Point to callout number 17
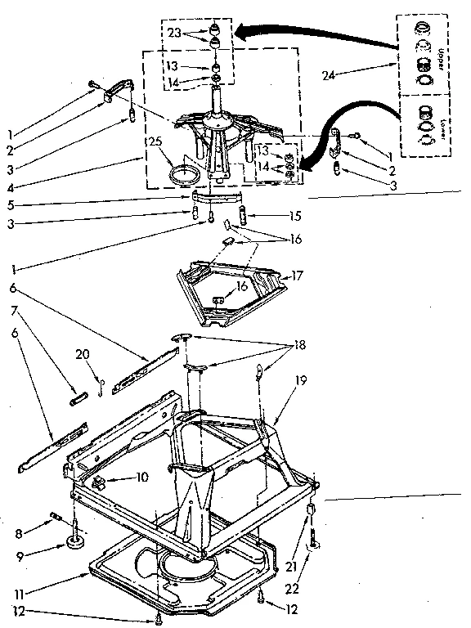[298, 276]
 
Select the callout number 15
[273, 216]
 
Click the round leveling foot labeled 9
[78, 541]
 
